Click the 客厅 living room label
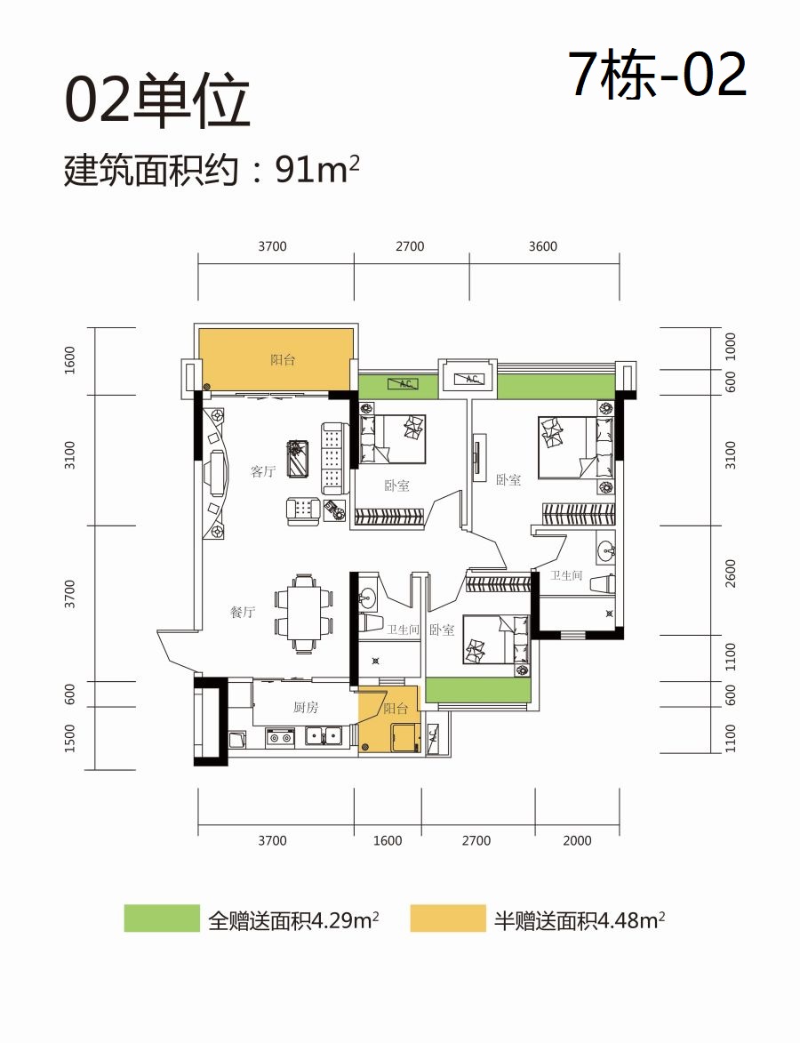click(263, 471)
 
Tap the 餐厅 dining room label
click(243, 611)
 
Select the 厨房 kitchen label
click(306, 707)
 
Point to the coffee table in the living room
click(298, 458)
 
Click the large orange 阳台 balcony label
click(283, 360)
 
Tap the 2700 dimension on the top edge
click(410, 246)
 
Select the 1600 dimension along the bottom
click(387, 841)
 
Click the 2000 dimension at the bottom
click(577, 841)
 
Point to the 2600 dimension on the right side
click(731, 574)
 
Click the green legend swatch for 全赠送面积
click(162, 918)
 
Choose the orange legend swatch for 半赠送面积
click(447, 918)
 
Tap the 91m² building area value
click(317, 170)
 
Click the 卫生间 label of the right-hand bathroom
click(566, 575)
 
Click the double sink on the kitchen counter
click(324, 735)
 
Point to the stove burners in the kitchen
click(280, 736)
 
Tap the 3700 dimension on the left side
click(70, 594)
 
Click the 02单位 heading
click(157, 100)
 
